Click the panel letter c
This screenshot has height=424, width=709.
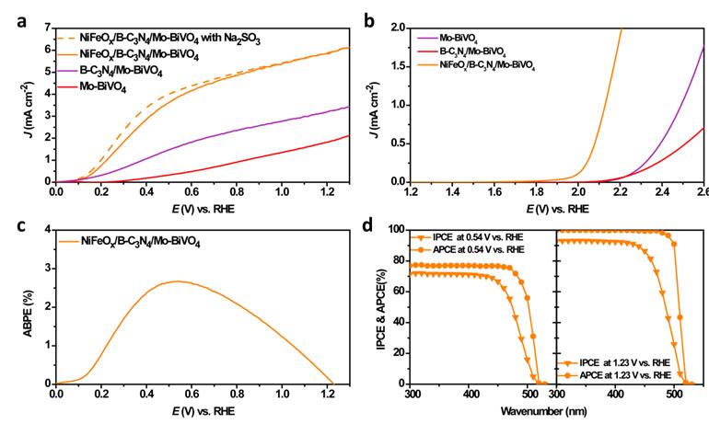[x=20, y=224]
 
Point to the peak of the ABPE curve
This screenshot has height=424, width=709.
[x=177, y=281]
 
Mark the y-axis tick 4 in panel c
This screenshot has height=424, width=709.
[x=47, y=229]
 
